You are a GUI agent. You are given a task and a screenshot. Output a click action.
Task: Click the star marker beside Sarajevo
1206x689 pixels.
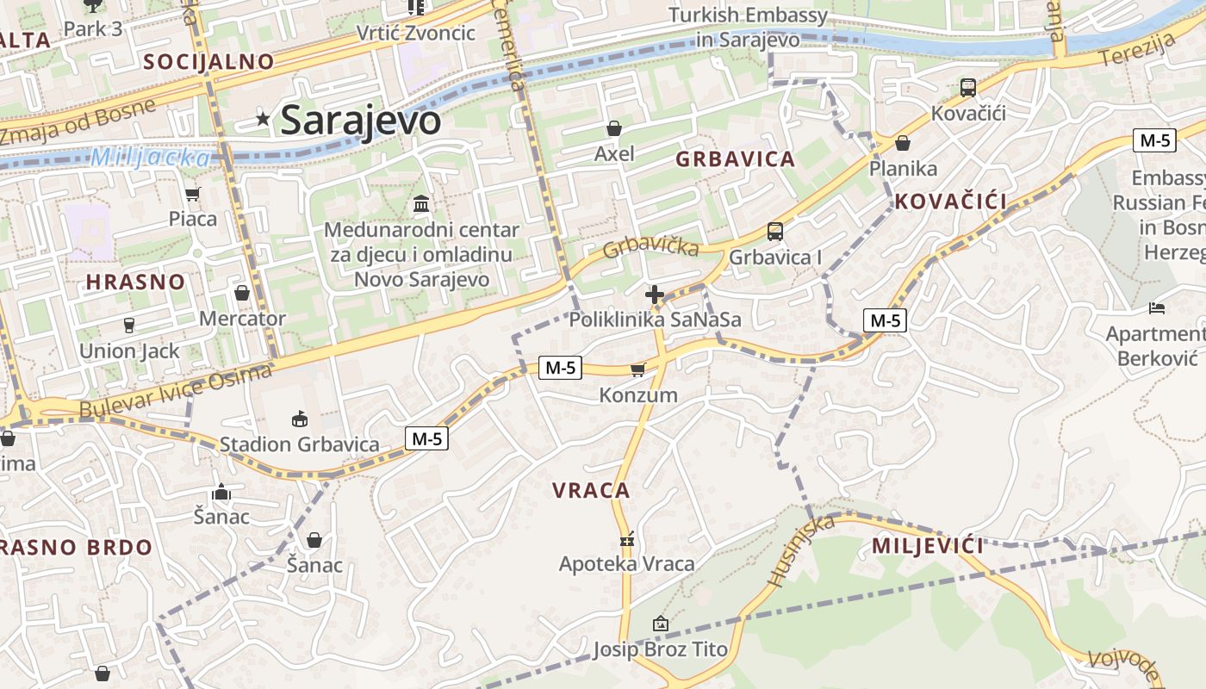(x=264, y=120)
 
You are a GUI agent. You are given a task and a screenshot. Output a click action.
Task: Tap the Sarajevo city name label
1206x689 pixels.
(x=360, y=120)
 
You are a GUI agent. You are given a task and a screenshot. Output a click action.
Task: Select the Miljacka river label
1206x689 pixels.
(x=150, y=158)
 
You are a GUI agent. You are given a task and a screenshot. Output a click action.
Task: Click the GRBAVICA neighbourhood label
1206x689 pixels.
(x=735, y=159)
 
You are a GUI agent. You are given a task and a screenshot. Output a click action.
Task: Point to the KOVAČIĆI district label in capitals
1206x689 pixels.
(x=950, y=202)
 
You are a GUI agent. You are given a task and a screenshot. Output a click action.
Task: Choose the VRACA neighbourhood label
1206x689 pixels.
(x=591, y=491)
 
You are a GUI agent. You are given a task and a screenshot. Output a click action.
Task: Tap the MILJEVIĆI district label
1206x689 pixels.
(x=928, y=546)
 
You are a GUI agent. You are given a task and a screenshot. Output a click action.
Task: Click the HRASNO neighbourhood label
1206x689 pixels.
(x=135, y=282)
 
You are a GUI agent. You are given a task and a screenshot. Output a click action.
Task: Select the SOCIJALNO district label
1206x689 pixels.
(x=208, y=61)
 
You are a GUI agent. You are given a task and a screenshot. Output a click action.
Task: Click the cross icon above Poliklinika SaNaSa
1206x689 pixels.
(x=655, y=295)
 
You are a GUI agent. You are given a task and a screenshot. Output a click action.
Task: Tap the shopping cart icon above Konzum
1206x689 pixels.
(x=637, y=369)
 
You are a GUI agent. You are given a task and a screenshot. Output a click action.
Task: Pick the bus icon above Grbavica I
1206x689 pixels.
(x=775, y=232)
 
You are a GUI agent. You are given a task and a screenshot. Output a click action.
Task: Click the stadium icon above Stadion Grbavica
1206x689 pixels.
(x=299, y=419)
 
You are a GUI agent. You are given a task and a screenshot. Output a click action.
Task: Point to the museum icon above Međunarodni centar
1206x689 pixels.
(x=422, y=204)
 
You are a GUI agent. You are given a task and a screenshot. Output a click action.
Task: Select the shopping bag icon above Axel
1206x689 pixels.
(x=614, y=129)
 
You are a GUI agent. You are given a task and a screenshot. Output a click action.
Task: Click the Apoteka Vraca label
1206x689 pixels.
(x=626, y=564)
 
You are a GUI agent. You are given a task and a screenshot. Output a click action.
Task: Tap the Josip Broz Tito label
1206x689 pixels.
(x=660, y=649)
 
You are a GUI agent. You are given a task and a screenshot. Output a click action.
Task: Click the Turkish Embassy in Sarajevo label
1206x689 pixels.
(x=748, y=27)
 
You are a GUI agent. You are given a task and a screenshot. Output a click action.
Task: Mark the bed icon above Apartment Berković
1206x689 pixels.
(x=1157, y=308)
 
